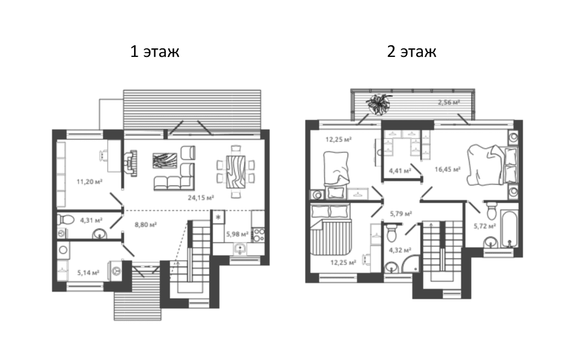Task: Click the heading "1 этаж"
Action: click(x=154, y=52)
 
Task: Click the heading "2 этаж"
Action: click(x=411, y=52)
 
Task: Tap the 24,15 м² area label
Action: click(x=201, y=197)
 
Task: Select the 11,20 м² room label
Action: click(x=89, y=181)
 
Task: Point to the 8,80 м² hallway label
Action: click(x=146, y=225)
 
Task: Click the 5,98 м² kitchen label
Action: click(x=237, y=234)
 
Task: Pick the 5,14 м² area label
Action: click(x=88, y=272)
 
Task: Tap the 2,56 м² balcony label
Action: click(x=449, y=102)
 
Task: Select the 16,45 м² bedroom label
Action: click(x=447, y=169)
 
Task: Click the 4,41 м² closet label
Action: click(x=400, y=171)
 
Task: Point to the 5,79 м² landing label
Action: click(x=401, y=214)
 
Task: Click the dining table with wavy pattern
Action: click(x=236, y=172)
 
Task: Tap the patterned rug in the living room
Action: click(x=165, y=160)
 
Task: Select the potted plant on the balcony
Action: click(x=378, y=104)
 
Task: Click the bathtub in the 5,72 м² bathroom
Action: click(x=509, y=229)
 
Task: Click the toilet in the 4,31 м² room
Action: click(x=65, y=219)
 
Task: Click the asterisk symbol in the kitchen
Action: click(x=218, y=218)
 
